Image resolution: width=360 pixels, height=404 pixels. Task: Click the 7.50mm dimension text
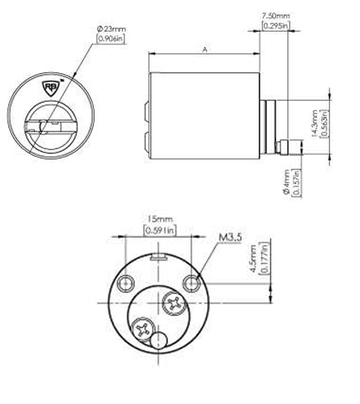276,16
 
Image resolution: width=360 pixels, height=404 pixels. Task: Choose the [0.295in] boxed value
276,26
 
